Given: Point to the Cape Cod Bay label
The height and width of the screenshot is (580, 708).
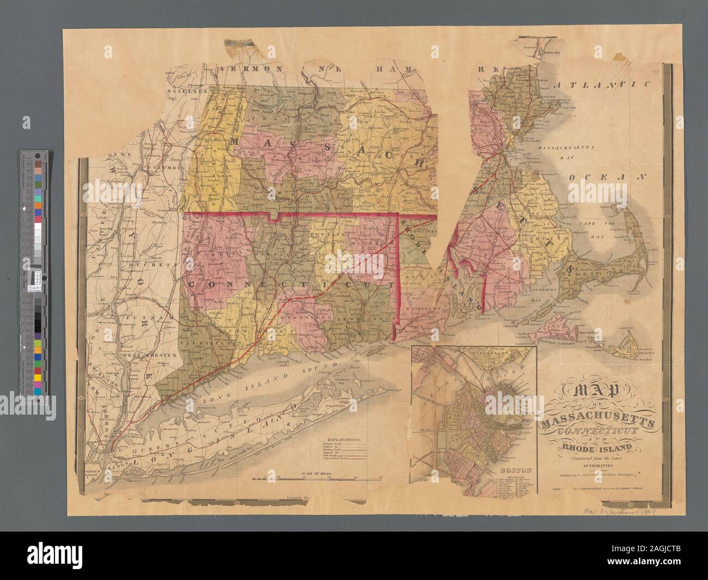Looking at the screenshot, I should tap(593, 227).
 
